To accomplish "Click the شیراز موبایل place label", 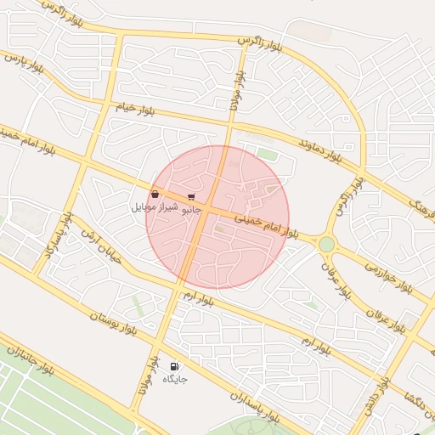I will [155, 207].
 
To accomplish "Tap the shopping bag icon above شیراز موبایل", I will [155, 195].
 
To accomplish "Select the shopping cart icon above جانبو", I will [191, 196].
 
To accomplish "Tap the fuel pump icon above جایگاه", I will [175, 365].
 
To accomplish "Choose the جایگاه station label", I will [175, 378].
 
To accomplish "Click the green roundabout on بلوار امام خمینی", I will [326, 244].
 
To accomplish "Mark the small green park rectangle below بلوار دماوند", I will [268, 155].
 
